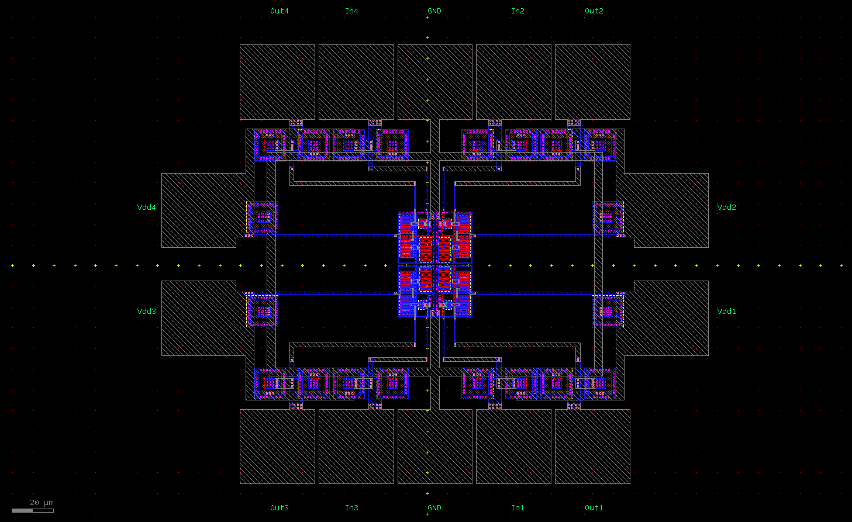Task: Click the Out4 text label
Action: pos(279,11)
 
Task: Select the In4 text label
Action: pos(351,11)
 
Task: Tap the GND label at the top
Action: pos(434,11)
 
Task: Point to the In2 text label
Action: pos(518,11)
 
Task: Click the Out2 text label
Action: pos(594,11)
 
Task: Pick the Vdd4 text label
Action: pos(146,208)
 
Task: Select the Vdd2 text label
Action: pos(726,208)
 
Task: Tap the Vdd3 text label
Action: pos(146,312)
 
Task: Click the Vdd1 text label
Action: pos(726,312)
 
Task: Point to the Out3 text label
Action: pos(279,508)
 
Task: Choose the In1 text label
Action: pos(518,508)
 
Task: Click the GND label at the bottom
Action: pos(434,508)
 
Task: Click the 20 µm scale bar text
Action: pos(42,503)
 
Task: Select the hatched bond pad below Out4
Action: pos(277,82)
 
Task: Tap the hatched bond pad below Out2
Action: pos(592,82)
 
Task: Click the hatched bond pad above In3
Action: pos(356,446)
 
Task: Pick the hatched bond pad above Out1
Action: pos(592,446)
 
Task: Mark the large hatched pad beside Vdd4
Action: pos(199,210)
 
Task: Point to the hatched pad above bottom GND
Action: pos(434,446)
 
